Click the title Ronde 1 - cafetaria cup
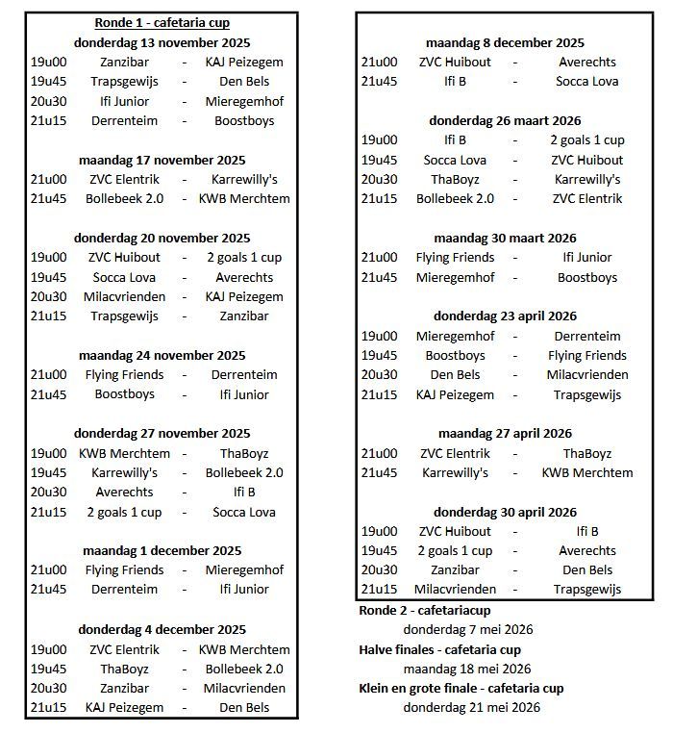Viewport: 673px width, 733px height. pyautogui.click(x=162, y=22)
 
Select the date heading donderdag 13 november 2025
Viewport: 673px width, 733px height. pyautogui.click(x=162, y=42)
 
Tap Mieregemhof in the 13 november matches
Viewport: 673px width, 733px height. pyautogui.click(x=244, y=101)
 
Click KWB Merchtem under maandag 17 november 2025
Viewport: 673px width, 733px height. pyautogui.click(x=244, y=198)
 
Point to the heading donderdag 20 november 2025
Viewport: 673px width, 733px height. pyautogui.click(x=162, y=238)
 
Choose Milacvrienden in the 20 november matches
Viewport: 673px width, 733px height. pyautogui.click(x=124, y=296)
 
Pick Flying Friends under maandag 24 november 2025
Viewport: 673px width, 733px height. pyautogui.click(x=124, y=374)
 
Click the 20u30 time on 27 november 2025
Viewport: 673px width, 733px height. pyautogui.click(x=48, y=492)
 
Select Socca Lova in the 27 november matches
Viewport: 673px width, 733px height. pyautogui.click(x=244, y=512)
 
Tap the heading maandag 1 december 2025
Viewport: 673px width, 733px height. pyautogui.click(x=162, y=551)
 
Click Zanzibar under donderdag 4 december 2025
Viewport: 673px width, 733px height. pyautogui.click(x=124, y=688)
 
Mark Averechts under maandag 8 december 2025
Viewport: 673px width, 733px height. pyautogui.click(x=587, y=62)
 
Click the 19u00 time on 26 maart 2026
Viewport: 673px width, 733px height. pyautogui.click(x=379, y=139)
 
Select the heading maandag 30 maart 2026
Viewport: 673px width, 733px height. pyautogui.click(x=505, y=238)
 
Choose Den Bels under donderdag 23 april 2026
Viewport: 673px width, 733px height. pyautogui.click(x=454, y=374)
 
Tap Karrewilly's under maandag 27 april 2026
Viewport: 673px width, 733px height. pyautogui.click(x=454, y=472)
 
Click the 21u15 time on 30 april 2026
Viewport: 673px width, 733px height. pyautogui.click(x=379, y=589)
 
